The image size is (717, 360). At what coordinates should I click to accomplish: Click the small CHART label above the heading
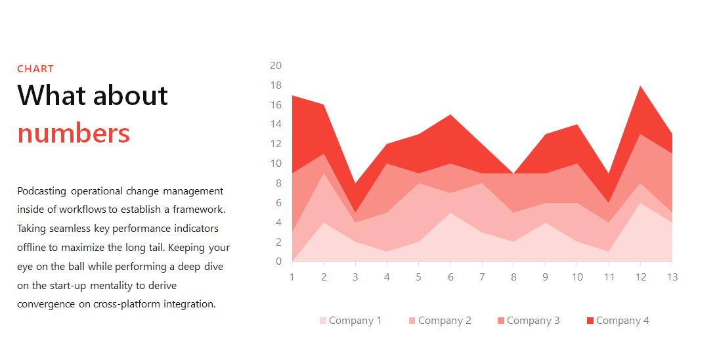(35, 68)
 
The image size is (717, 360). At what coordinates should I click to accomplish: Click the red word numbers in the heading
(74, 133)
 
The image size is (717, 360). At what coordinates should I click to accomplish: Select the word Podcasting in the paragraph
(42, 191)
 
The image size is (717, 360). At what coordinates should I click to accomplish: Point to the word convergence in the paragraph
(47, 304)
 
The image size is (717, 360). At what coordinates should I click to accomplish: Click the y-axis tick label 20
(276, 65)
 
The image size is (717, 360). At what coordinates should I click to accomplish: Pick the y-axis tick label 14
(276, 124)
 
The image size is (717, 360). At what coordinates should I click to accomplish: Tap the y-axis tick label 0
(278, 261)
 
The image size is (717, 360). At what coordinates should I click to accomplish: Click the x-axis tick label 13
(672, 277)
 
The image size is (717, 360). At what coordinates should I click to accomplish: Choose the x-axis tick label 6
(450, 277)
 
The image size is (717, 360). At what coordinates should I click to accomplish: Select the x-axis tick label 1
(292, 277)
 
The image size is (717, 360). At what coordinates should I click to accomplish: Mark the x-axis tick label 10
(576, 277)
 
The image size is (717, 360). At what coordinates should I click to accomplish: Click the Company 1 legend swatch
(322, 321)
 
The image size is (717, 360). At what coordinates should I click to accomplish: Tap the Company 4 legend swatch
(590, 321)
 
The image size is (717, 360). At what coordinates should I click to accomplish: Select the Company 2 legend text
(445, 321)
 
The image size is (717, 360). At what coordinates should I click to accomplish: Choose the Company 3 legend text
(533, 321)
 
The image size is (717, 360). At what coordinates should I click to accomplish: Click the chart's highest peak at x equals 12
(640, 86)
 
